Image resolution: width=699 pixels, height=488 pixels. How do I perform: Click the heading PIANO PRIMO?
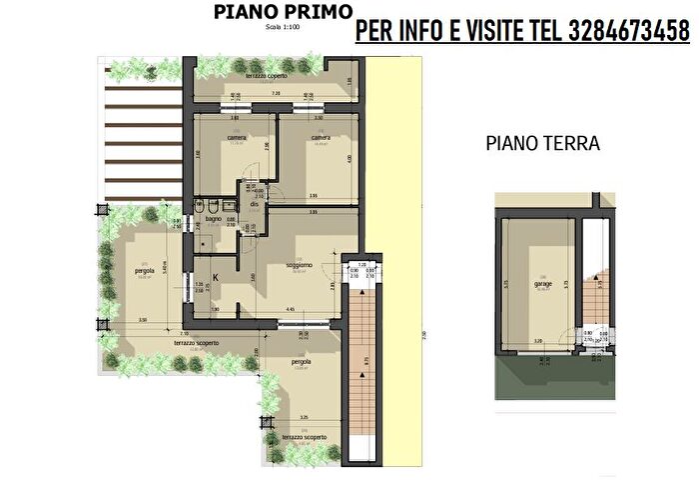click(x=282, y=11)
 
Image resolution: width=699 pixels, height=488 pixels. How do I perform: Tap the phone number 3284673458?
click(x=624, y=32)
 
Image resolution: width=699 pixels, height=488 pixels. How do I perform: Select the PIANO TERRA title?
click(x=542, y=143)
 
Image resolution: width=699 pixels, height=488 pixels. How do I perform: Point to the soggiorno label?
click(x=299, y=264)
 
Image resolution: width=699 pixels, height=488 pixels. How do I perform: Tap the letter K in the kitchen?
click(x=214, y=279)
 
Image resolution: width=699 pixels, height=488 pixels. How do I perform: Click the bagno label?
click(x=213, y=218)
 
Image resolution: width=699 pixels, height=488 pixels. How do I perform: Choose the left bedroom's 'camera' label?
click(x=236, y=137)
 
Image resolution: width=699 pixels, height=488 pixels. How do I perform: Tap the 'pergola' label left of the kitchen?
click(x=145, y=270)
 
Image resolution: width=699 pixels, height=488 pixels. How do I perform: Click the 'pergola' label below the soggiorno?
click(x=302, y=361)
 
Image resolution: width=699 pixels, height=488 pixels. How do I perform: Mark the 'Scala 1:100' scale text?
click(x=283, y=27)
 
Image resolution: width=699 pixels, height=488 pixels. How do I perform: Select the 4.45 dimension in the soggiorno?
click(x=289, y=310)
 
